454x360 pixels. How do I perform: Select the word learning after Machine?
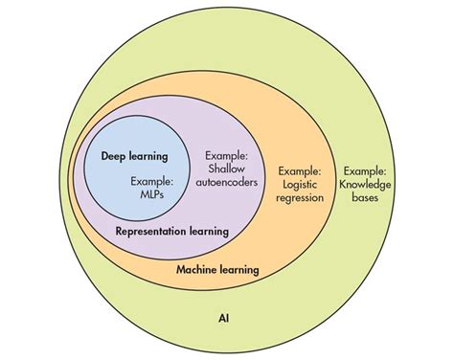[x=238, y=270]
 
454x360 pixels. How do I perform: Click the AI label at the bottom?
[x=223, y=318]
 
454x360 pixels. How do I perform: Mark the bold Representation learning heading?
[x=172, y=231]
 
